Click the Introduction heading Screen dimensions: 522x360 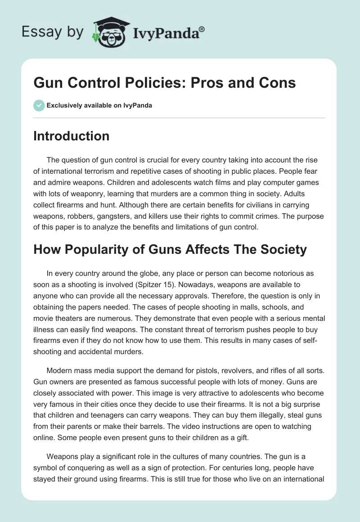(x=71, y=136)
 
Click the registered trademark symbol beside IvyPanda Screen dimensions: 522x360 (x=202, y=29)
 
